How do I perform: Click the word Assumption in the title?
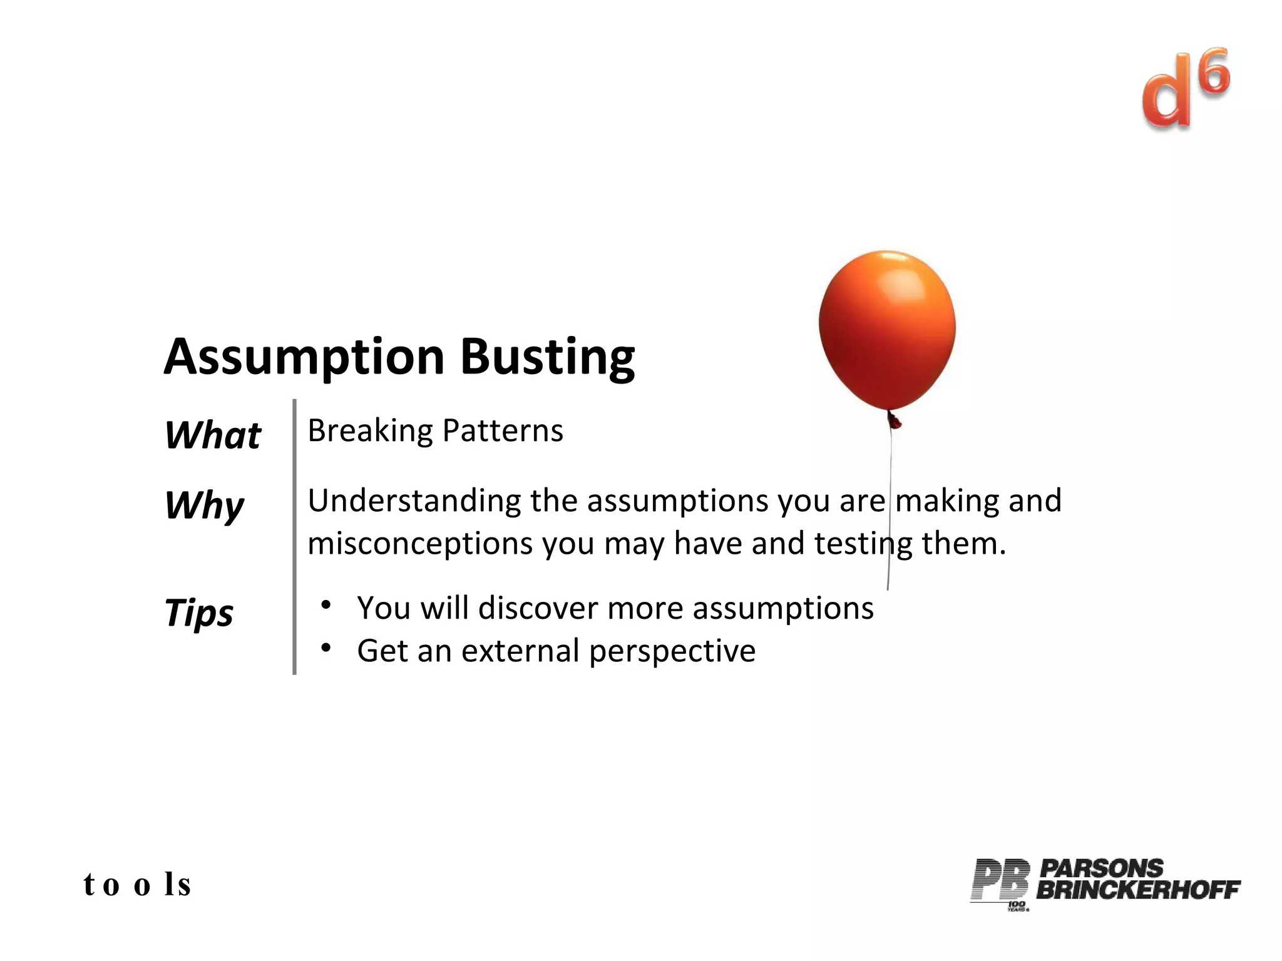click(x=304, y=357)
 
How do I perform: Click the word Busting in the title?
click(x=548, y=357)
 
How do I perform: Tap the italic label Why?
click(x=204, y=505)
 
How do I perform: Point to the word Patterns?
click(x=503, y=431)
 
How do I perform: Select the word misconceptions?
click(x=420, y=543)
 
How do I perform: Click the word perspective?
click(x=672, y=652)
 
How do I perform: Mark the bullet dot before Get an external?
click(x=326, y=648)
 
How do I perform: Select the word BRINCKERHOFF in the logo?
click(x=1137, y=889)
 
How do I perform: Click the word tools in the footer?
click(x=137, y=884)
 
